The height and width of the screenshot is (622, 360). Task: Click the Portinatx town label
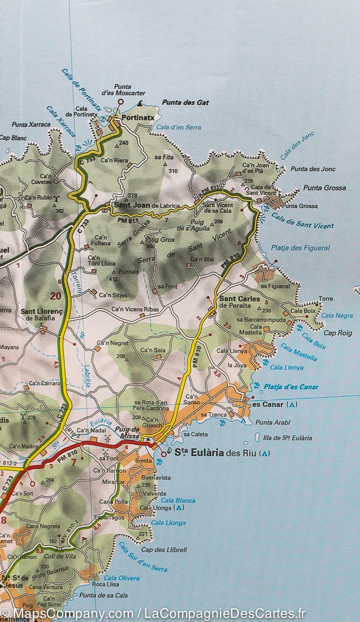pyautogui.click(x=138, y=118)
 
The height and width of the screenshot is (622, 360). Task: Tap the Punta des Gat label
pyautogui.click(x=185, y=103)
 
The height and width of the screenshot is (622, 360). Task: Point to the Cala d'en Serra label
pyautogui.click(x=179, y=127)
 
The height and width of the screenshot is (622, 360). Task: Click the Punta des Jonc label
pyautogui.click(x=313, y=169)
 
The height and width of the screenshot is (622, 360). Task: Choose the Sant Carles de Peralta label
pyautogui.click(x=239, y=302)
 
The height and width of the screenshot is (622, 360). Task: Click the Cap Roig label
pyautogui.click(x=338, y=333)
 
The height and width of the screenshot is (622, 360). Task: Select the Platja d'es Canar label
pyautogui.click(x=291, y=387)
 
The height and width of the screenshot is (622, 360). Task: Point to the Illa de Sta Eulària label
pyautogui.click(x=287, y=438)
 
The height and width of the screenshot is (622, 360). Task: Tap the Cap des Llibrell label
pyautogui.click(x=164, y=549)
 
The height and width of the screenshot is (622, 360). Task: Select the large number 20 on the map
pyautogui.click(x=55, y=296)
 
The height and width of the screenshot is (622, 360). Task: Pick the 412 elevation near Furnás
pyautogui.click(x=113, y=279)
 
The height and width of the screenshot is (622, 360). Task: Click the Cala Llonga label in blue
pyautogui.click(x=168, y=523)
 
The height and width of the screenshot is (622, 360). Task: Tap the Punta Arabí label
pyautogui.click(x=273, y=422)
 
